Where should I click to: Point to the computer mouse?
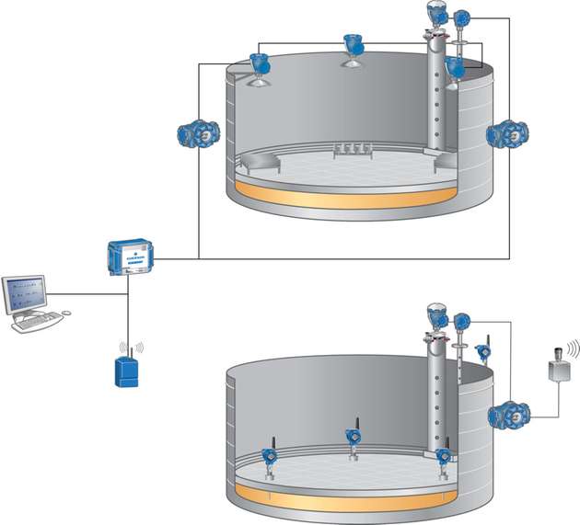click(65, 314)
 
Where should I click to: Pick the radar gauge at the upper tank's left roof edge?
click(259, 67)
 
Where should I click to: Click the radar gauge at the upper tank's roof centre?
click(352, 47)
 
